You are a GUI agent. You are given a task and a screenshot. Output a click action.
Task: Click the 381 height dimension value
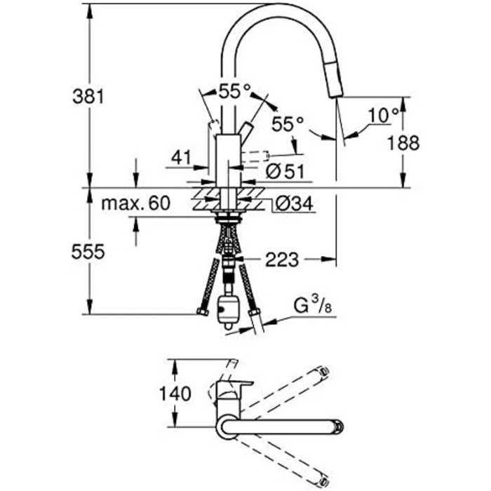coord(88,97)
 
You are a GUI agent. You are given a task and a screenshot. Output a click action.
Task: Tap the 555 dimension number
coord(88,252)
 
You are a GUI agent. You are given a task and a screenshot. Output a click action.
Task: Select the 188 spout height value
coord(403,143)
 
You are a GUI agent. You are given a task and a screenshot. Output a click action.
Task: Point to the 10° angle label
coord(384,115)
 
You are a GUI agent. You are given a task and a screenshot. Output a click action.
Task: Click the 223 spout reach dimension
coord(282,260)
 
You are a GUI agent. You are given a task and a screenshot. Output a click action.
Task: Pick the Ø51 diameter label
coord(285,171)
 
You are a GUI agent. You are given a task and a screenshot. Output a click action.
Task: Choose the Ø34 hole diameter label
coord(294,204)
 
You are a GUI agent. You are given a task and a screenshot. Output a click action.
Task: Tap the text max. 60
coord(136,203)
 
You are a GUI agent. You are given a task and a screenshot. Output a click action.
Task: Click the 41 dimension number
coord(181,158)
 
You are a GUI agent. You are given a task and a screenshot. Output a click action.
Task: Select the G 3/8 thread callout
coord(313,306)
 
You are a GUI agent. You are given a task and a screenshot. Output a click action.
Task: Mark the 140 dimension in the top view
coord(175,394)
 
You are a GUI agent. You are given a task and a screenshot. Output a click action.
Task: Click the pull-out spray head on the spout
coord(333,79)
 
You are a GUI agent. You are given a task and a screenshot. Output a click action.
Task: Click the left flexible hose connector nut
coord(203,311)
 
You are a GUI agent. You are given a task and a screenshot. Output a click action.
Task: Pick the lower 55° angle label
coord(288,123)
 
